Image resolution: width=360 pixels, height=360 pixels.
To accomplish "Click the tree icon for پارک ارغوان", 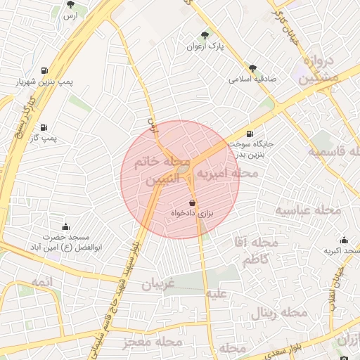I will (x=205, y=35).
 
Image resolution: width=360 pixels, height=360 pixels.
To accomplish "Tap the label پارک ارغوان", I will (x=205, y=47).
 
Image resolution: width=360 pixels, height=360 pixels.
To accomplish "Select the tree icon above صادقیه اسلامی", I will (x=253, y=68).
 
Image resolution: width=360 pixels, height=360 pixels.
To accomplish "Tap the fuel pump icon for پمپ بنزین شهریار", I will (x=45, y=71).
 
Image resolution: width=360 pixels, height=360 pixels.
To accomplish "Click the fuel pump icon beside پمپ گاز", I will (x=44, y=127).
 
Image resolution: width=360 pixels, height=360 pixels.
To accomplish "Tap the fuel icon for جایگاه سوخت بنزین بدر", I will (x=250, y=134).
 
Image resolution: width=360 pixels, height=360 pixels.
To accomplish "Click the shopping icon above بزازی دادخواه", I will (x=193, y=202).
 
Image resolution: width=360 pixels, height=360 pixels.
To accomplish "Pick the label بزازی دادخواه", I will (x=193, y=212).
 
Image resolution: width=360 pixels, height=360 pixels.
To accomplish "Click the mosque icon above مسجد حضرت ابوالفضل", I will (x=66, y=226).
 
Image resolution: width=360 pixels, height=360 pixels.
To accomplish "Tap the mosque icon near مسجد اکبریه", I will (x=344, y=240).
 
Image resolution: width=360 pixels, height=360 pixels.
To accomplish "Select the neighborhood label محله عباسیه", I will (x=307, y=210).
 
